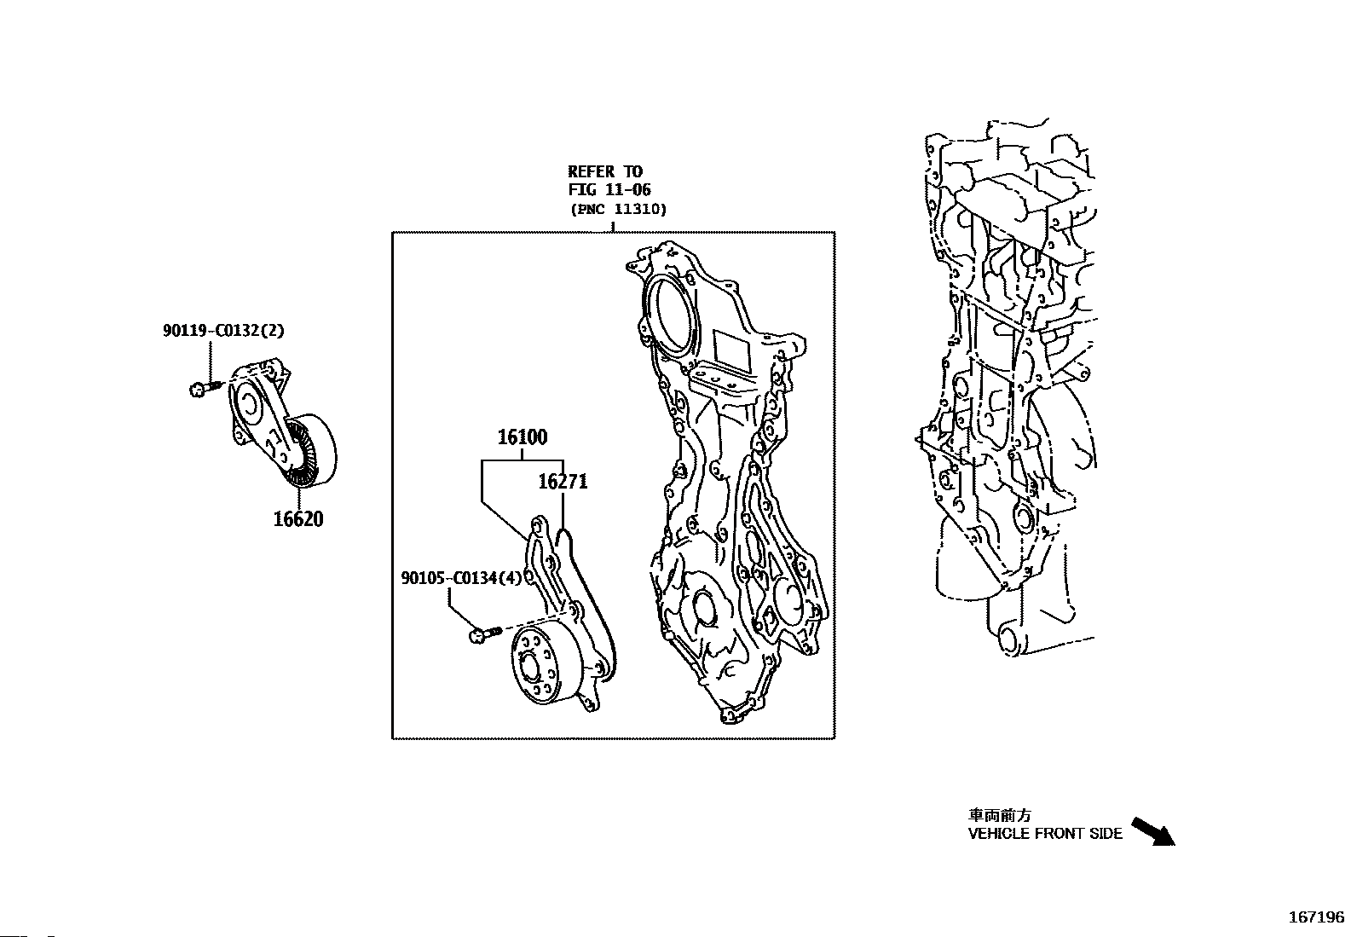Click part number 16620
(x=298, y=518)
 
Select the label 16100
(x=523, y=438)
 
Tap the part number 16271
(x=563, y=483)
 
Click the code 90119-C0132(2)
(x=224, y=331)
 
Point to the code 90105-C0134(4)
(x=461, y=578)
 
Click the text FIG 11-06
(x=609, y=190)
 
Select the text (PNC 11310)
(x=618, y=209)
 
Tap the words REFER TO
(x=605, y=172)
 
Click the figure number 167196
(x=1316, y=918)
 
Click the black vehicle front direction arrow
(x=1152, y=831)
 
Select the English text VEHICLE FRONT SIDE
(x=1045, y=834)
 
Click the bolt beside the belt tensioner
(x=200, y=389)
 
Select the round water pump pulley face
(x=536, y=663)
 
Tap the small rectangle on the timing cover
(x=730, y=347)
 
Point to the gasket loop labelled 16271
(x=597, y=597)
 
